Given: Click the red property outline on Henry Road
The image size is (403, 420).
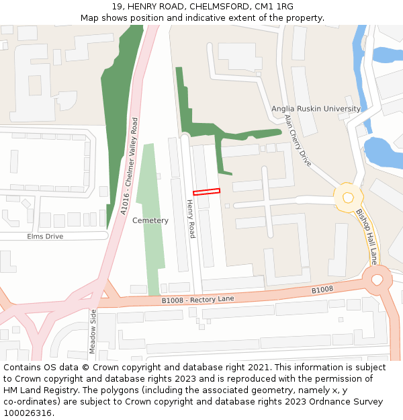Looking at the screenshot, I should click(x=206, y=192).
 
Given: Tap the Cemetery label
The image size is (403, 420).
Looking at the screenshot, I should click(x=150, y=220).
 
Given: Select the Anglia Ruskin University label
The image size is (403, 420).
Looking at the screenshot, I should click(x=316, y=109).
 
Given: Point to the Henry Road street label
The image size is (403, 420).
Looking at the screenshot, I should click(x=191, y=218).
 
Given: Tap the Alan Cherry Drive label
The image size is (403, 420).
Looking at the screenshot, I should click(x=298, y=140).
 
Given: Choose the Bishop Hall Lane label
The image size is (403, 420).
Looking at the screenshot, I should click(x=367, y=235).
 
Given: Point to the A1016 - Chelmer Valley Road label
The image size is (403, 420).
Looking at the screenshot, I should click(x=130, y=166).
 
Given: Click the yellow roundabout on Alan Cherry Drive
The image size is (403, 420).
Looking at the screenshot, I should click(x=347, y=198).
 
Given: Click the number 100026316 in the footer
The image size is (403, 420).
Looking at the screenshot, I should click(x=28, y=413).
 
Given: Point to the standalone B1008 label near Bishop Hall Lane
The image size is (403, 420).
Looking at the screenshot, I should click(x=322, y=290).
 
